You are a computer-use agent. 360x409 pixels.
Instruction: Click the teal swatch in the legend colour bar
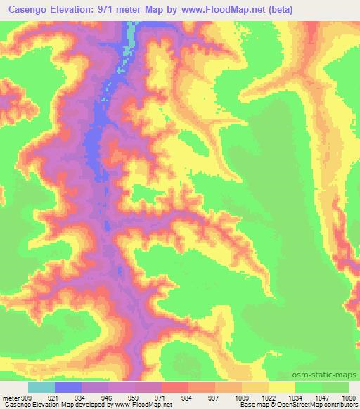click(x=41, y=387)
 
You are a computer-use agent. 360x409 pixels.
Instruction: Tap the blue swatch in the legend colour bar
click(x=68, y=387)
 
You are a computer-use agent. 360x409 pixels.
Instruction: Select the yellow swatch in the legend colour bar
click(x=282, y=387)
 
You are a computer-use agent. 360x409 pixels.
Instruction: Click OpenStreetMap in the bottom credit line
click(x=309, y=405)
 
